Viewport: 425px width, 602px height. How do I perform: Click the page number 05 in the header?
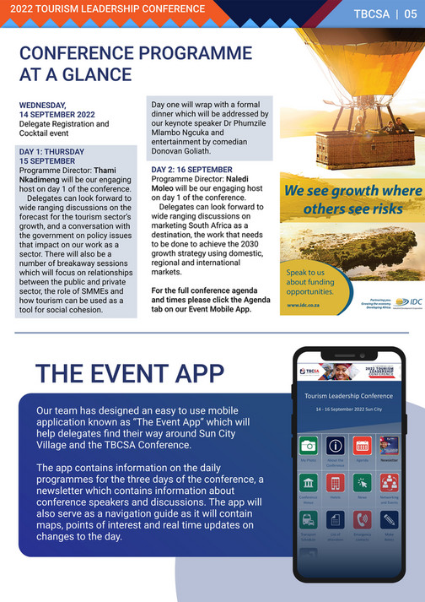pyautogui.click(x=409, y=14)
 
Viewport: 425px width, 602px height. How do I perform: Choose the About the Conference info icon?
pyautogui.click(x=336, y=446)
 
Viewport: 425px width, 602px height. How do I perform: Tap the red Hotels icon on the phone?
pyautogui.click(x=336, y=484)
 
